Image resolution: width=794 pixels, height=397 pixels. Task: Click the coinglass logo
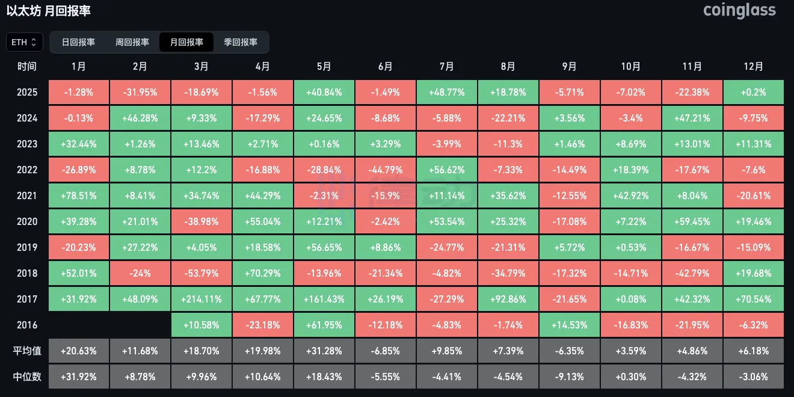click(739, 10)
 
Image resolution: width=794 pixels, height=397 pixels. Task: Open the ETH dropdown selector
click(25, 42)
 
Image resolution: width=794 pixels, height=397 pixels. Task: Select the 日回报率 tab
click(78, 42)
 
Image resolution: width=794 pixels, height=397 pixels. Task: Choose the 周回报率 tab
click(132, 42)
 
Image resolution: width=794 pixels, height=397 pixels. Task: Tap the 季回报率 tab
click(241, 42)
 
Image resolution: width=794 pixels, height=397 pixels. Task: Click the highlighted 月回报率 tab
click(186, 42)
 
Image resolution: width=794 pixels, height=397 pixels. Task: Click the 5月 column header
click(324, 66)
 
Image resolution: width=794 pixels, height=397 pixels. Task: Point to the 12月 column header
click(754, 66)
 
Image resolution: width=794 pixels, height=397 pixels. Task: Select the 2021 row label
click(27, 195)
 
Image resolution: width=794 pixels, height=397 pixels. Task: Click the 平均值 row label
click(27, 351)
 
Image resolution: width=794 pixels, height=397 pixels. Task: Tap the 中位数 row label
click(27, 377)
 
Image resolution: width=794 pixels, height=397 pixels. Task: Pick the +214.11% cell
click(202, 299)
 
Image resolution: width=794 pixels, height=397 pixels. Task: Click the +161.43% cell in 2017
click(324, 299)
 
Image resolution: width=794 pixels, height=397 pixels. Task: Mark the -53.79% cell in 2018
click(202, 273)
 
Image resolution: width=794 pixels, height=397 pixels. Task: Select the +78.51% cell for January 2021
click(79, 195)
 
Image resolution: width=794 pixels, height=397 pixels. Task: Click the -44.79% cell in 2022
click(386, 170)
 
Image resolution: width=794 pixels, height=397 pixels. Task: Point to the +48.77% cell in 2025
click(447, 92)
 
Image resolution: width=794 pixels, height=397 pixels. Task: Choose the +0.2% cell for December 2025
click(754, 92)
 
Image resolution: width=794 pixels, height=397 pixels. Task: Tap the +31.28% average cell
click(324, 351)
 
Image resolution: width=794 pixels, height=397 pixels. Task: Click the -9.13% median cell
click(570, 377)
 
